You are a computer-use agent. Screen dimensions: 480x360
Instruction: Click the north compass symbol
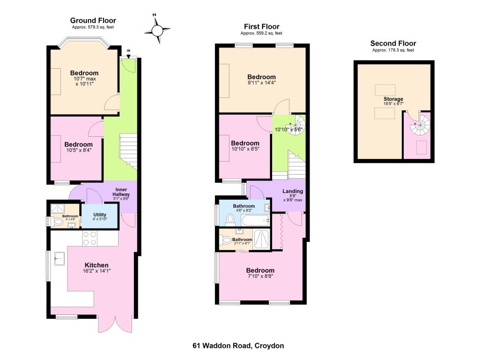pos(157,30)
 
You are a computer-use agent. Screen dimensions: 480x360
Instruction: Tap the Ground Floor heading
pos(93,21)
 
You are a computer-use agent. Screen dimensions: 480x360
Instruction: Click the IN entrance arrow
pos(129,56)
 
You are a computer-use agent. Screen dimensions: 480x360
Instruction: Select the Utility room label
pos(100,215)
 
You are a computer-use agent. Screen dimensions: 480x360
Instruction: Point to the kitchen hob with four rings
pos(90,238)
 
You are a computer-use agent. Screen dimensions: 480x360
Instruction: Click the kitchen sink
pos(60,259)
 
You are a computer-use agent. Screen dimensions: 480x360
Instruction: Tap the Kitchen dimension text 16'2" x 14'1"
pos(96,271)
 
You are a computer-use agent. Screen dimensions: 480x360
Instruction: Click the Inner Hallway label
pos(121,192)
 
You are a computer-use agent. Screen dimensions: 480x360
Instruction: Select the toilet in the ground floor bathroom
pos(58,221)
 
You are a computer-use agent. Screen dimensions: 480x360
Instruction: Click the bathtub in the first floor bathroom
pos(255,220)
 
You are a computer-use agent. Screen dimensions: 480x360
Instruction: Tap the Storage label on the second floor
pos(394,99)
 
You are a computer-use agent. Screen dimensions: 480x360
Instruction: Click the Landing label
pos(293,192)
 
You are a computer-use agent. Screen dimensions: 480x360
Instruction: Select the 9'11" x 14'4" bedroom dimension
pos(262,83)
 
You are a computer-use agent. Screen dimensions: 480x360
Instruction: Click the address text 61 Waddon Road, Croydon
pos(238,346)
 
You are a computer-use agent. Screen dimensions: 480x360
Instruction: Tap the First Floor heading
pos(262,26)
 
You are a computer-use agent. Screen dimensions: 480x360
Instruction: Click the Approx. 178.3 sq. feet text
pos(393,50)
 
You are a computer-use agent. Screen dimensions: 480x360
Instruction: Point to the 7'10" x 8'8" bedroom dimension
pos(260,276)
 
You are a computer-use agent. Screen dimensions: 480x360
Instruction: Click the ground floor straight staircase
pos(128,151)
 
